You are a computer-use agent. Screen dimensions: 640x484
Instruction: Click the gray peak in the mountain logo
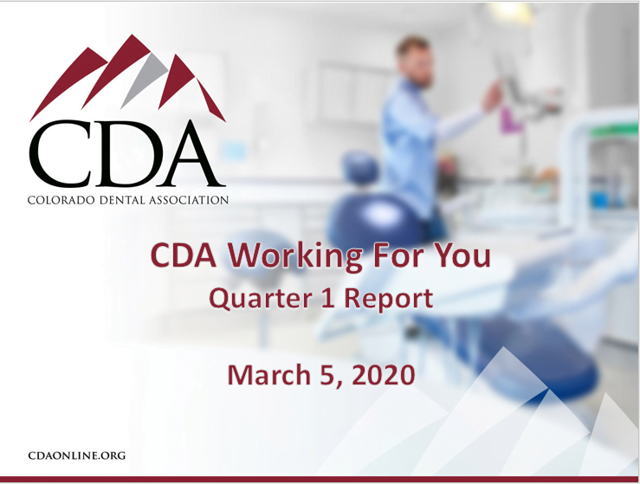[145, 80]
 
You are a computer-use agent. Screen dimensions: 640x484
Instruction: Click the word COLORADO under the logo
[61, 200]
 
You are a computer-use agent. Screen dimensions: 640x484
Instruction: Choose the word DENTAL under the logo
[122, 200]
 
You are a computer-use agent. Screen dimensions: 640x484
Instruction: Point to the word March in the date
[269, 375]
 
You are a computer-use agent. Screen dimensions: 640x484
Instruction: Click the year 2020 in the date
[383, 375]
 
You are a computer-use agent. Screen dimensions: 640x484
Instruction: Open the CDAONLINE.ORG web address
[77, 455]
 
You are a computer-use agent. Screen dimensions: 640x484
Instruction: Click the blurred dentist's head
[414, 61]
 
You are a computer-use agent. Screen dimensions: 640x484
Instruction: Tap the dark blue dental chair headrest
[361, 167]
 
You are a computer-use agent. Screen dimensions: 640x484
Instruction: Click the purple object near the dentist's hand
[511, 120]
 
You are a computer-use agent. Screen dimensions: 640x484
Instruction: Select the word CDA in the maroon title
[184, 255]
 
